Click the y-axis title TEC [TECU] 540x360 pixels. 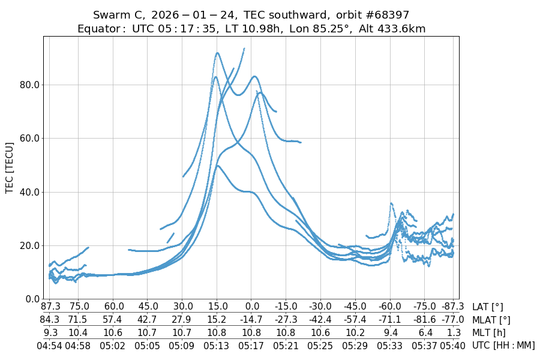10,168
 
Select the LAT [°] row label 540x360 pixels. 488,307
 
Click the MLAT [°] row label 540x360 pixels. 491,320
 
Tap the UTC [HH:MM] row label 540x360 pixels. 503,346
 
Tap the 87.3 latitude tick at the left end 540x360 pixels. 51,307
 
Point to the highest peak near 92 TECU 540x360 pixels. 217,53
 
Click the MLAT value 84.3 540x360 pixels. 51,320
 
